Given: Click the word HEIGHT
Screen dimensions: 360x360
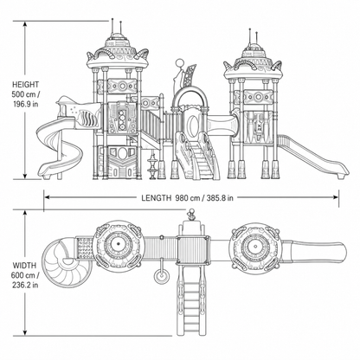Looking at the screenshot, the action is [x=25, y=85].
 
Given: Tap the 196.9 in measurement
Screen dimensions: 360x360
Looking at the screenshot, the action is [x=26, y=104].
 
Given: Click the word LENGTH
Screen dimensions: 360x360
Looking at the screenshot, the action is [x=156, y=198].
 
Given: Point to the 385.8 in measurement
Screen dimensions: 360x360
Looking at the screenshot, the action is [x=220, y=198].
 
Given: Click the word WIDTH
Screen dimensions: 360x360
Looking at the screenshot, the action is [x=24, y=266].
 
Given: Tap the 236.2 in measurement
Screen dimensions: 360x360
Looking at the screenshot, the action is [x=25, y=285].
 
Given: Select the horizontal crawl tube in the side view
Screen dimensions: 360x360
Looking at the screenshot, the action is [x=222, y=124].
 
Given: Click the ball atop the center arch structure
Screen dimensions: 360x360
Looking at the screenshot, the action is [x=180, y=62].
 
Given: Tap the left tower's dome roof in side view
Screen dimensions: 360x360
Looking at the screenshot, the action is [x=118, y=54].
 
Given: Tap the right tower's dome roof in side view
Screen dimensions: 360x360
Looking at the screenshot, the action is [x=254, y=63].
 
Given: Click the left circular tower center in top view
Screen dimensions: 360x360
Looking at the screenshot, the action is [x=118, y=245].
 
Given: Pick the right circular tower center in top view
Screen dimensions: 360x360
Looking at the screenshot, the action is [x=255, y=247].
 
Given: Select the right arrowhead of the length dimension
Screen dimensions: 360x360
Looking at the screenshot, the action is [x=335, y=197].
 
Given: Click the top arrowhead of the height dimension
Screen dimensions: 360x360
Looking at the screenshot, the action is [x=25, y=24].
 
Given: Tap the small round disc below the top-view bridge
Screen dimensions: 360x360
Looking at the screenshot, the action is [x=162, y=276].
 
